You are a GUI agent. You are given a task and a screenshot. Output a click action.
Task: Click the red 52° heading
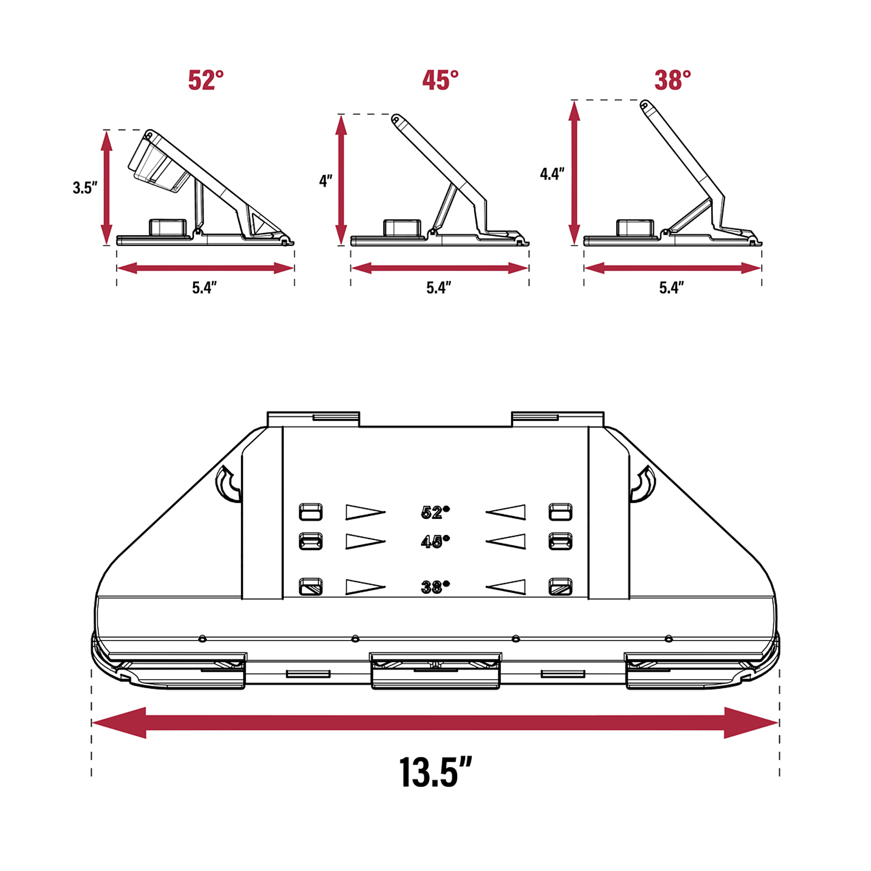[206, 80]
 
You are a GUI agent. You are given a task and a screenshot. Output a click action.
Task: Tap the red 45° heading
[440, 80]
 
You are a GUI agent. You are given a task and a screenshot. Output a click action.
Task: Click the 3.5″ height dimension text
[85, 188]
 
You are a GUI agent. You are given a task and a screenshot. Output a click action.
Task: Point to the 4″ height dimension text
[325, 181]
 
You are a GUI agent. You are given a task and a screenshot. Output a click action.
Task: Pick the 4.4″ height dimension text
[552, 174]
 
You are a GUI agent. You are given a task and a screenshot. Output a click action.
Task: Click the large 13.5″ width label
[435, 772]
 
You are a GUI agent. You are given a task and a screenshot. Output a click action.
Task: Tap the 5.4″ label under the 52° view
[204, 287]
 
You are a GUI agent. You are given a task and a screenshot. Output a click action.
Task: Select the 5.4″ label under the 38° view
[671, 287]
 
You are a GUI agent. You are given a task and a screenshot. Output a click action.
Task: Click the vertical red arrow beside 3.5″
[106, 188]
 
